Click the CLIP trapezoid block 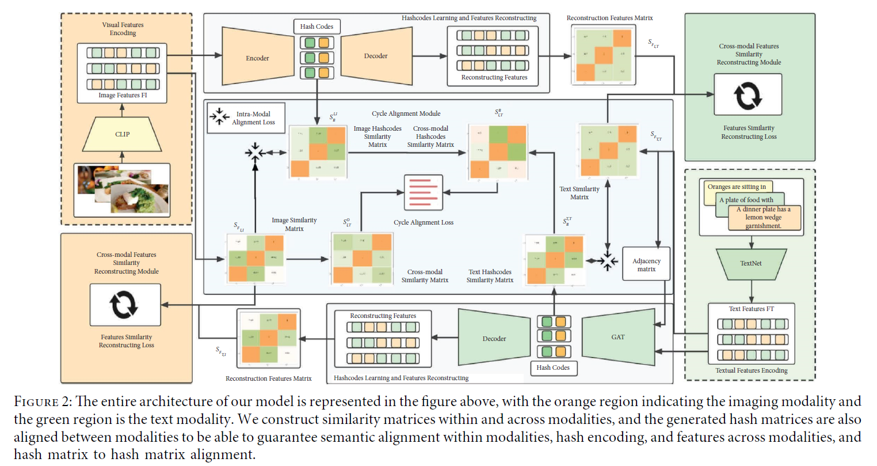[x=122, y=134]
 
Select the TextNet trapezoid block [x=750, y=263]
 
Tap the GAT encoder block [x=618, y=337]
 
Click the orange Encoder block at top [x=257, y=58]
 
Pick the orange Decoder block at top [x=376, y=56]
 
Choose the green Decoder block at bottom [x=494, y=338]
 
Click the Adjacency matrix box [x=646, y=265]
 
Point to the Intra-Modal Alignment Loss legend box [x=246, y=118]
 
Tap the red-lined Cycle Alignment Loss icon [x=424, y=192]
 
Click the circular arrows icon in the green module [x=748, y=96]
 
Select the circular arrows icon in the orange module [x=125, y=305]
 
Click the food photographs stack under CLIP [x=122, y=190]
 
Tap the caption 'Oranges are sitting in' [x=737, y=187]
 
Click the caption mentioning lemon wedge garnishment [x=763, y=218]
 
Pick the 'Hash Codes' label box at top [x=317, y=26]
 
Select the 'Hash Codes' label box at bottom [x=552, y=368]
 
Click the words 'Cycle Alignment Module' [x=406, y=113]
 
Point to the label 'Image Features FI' [x=123, y=96]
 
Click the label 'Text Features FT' [x=751, y=309]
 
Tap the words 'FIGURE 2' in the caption [x=43, y=402]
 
